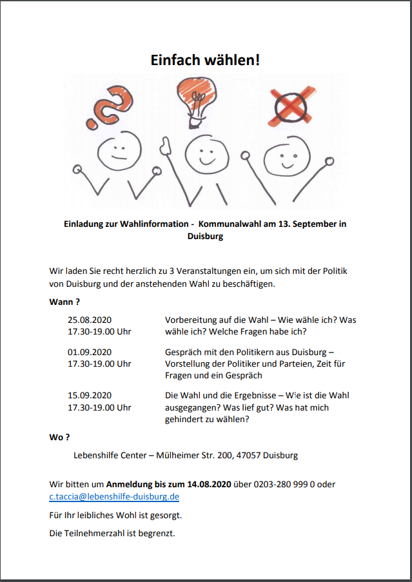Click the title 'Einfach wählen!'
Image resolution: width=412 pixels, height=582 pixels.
[x=206, y=60]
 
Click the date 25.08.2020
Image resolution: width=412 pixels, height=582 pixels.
[x=90, y=320]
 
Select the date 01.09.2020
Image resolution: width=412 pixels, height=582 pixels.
[x=90, y=352]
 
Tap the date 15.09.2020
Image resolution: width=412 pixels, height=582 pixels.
[x=90, y=395]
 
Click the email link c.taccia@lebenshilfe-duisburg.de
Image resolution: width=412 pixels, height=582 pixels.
[x=114, y=496]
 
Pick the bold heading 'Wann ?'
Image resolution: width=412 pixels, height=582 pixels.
[x=64, y=302]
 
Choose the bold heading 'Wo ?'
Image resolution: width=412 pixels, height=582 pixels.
[x=59, y=437]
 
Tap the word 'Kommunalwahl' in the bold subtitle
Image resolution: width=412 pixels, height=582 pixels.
[x=229, y=224]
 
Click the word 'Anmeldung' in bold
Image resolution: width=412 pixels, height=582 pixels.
[x=129, y=484]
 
